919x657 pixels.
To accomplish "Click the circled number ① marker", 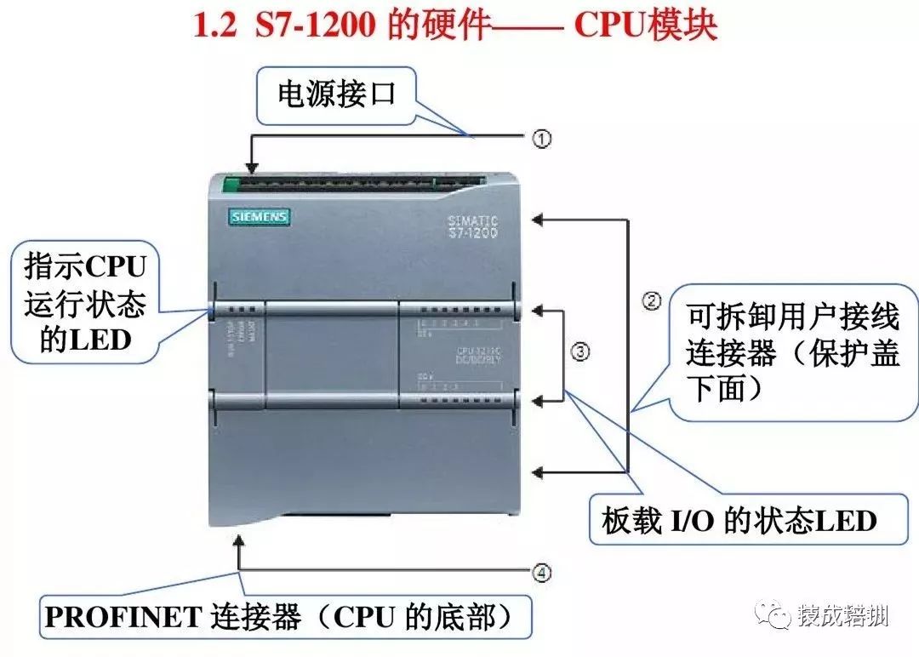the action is pyautogui.click(x=542, y=139).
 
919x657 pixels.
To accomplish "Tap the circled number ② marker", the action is pyautogui.click(x=652, y=301).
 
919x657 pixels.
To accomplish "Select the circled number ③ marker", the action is pyautogui.click(x=579, y=352).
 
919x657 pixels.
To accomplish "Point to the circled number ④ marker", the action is pyautogui.click(x=542, y=573).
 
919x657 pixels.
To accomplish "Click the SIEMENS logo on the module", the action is pyautogui.click(x=259, y=217).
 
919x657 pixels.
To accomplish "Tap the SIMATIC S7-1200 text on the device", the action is pyautogui.click(x=472, y=226).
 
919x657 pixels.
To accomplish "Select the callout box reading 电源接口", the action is pyautogui.click(x=338, y=94).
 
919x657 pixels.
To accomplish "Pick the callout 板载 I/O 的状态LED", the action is pyautogui.click(x=738, y=519).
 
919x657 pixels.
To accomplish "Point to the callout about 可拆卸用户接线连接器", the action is pyautogui.click(x=793, y=353).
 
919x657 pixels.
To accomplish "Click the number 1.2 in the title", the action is pyautogui.click(x=215, y=26).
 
